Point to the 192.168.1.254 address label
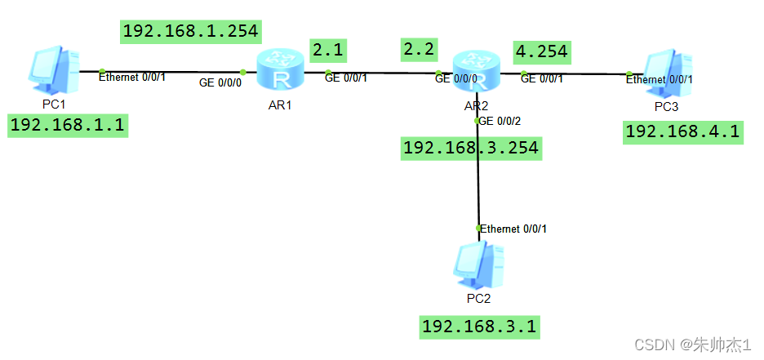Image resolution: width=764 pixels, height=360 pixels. tap(191, 31)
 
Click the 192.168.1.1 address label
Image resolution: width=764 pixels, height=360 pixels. tap(69, 126)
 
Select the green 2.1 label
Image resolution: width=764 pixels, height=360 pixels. tap(327, 50)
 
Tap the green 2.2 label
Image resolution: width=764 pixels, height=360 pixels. tap(420, 49)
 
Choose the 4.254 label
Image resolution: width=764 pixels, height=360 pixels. tap(541, 52)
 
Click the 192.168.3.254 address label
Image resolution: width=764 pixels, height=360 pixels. tap(471, 148)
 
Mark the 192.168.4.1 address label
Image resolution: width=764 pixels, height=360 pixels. tap(683, 131)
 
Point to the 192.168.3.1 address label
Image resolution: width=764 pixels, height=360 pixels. tap(480, 327)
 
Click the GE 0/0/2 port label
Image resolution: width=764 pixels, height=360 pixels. tap(500, 121)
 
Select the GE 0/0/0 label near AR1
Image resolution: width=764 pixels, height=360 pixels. tap(220, 82)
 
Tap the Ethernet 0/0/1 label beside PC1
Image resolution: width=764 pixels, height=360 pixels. tap(132, 78)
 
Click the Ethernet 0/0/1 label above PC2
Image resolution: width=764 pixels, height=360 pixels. tap(513, 229)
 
